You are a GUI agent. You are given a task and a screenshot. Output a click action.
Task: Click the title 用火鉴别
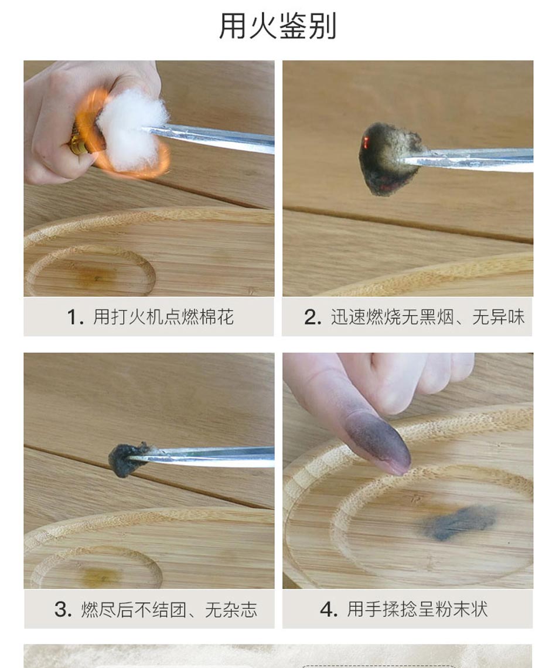point(278,26)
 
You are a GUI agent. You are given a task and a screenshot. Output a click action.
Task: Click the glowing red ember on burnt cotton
point(365,143)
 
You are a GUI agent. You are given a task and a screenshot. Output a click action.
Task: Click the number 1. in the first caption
point(75,317)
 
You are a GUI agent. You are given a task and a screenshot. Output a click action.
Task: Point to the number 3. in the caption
point(63,609)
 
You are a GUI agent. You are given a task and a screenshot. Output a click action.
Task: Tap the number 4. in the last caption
point(329,609)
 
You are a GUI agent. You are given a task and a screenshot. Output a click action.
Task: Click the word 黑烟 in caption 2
point(427,317)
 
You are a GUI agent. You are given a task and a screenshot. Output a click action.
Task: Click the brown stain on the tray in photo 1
point(95,277)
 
